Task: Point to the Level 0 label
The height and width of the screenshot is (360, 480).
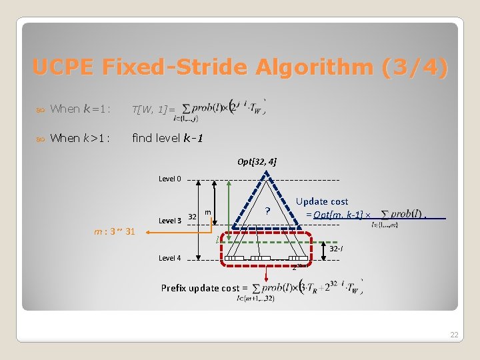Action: [x=169, y=179]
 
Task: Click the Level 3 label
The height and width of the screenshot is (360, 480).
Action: [x=169, y=220]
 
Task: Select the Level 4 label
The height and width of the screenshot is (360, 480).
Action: [x=169, y=258]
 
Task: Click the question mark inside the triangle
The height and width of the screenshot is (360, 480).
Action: [x=267, y=211]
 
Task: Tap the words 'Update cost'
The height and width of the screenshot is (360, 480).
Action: [x=322, y=201]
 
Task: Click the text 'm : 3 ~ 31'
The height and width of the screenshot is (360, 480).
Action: [x=115, y=232]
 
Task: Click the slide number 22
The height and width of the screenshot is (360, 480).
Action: [x=454, y=335]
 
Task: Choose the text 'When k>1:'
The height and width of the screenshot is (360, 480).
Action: [x=79, y=138]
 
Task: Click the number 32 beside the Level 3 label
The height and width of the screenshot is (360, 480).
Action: [x=192, y=217]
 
